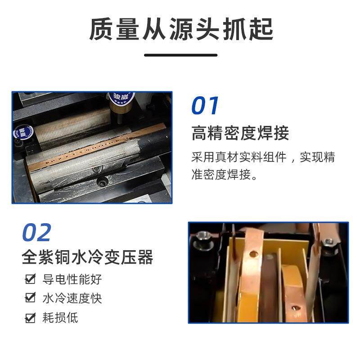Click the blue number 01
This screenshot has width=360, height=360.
tap(205, 106)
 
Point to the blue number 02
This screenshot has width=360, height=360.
tap(37, 233)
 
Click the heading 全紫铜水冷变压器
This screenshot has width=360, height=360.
tap(88, 257)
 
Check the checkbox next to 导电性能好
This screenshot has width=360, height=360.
tap(30, 279)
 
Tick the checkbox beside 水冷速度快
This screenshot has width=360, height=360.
tap(30, 298)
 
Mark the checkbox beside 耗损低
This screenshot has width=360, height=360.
tap(30, 318)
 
